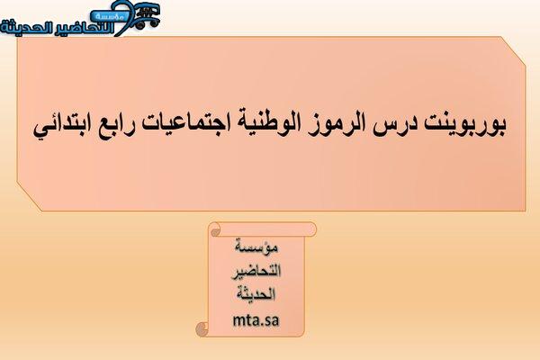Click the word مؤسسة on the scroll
(256, 247)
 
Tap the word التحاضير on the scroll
(256, 271)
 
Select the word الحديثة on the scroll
(256, 294)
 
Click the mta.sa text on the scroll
(256, 320)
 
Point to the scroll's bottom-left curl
(202, 329)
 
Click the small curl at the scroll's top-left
(215, 231)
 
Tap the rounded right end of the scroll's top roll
(312, 229)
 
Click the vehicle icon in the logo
(147, 16)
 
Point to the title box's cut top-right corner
(513, 50)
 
